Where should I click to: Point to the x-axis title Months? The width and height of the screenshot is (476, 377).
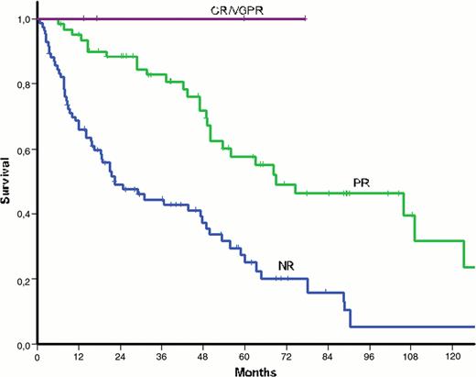tap(255, 371)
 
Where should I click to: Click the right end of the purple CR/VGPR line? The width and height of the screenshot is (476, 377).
tap(307, 18)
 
